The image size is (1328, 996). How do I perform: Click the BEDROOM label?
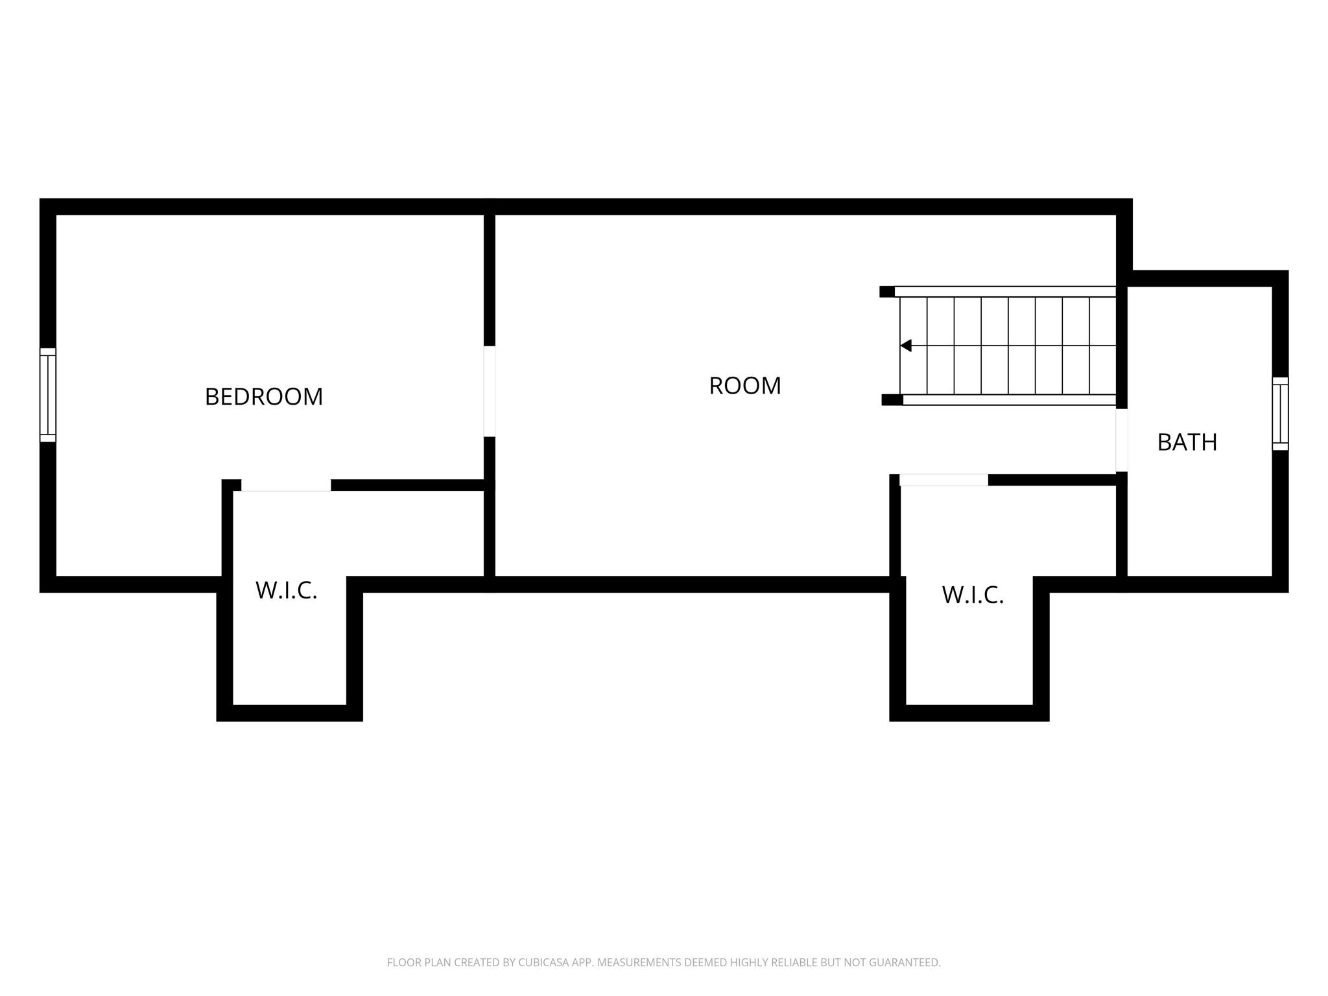[263, 397]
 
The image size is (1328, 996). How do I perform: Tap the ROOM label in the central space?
[745, 386]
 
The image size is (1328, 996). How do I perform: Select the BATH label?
[1187, 442]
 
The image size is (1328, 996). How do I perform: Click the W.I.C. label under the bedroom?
[287, 591]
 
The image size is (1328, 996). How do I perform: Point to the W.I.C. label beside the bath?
[973, 595]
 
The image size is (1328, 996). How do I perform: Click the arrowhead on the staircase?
[906, 346]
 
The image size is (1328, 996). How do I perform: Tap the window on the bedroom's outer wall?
[48, 395]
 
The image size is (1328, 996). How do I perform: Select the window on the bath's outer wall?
[1280, 414]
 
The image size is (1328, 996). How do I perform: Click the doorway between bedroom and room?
[490, 391]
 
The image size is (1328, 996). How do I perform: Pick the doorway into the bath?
[1122, 440]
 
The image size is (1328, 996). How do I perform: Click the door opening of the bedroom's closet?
[286, 485]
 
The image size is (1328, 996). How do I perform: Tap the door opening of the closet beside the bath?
[943, 480]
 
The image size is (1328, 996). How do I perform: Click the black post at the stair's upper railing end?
[887, 292]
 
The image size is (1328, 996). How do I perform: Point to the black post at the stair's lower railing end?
[892, 400]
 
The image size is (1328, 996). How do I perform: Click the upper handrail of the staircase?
[1005, 292]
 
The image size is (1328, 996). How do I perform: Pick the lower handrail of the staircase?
[1010, 400]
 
